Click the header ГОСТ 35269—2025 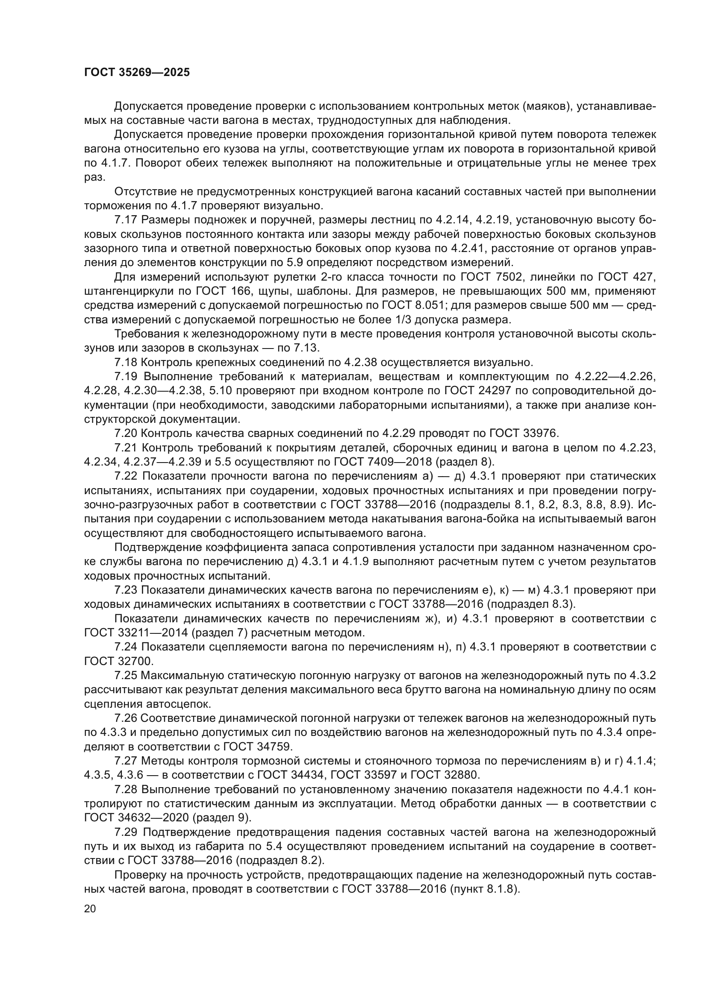coord(137,72)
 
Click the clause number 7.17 coord(126,220)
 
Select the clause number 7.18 coord(126,363)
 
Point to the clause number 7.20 coord(126,434)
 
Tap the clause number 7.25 coord(126,675)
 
